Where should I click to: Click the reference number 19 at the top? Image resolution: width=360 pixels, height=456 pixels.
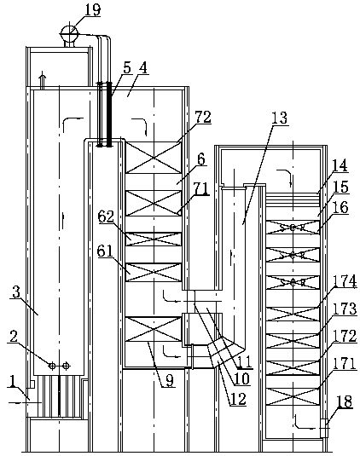pos(92,9)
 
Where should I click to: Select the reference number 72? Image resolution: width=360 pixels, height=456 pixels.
pos(203,118)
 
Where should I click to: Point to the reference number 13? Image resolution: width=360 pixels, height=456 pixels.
pos(280,118)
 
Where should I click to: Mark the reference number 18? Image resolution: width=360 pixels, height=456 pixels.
pos(345,402)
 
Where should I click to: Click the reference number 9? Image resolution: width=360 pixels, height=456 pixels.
pos(170,380)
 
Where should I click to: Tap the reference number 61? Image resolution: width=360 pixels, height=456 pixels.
pos(105,251)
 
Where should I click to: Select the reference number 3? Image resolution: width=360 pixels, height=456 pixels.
pos(16,292)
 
